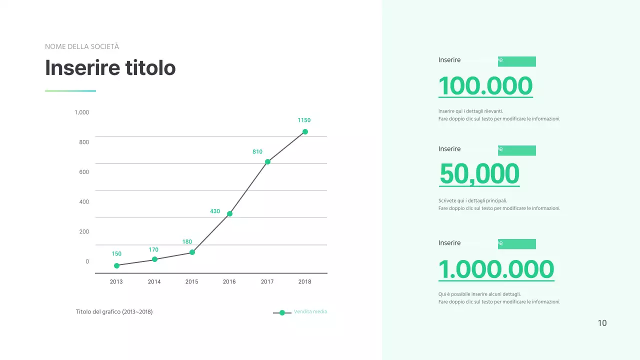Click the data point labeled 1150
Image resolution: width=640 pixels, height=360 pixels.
pos(305,132)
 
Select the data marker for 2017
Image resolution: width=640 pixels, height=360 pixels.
pos(267,162)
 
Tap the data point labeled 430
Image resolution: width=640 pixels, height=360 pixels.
pos(229,214)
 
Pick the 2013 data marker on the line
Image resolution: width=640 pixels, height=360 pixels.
pos(116,266)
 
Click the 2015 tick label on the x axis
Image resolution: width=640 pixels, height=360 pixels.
pos(192,282)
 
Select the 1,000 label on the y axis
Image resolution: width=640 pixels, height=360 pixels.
pos(81,112)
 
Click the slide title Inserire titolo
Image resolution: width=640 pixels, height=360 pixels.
pos(110,68)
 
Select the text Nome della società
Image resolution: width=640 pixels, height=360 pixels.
pos(82,47)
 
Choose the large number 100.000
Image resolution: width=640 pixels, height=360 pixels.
pos(485,86)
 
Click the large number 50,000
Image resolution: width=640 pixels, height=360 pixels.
pos(479,174)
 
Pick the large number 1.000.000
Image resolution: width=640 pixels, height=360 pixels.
pos(496,269)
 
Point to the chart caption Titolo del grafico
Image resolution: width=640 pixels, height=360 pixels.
pos(114,312)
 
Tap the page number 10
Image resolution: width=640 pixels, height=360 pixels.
pos(602,323)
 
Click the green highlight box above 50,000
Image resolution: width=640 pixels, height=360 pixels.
pos(516,150)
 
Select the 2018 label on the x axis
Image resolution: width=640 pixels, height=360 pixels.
pos(304,282)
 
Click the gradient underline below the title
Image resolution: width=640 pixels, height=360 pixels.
pos(70,91)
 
